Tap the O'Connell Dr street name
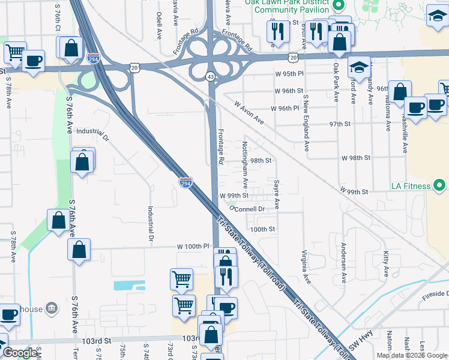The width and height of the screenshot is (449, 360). coord(247,209)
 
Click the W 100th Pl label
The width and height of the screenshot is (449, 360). coord(193,247)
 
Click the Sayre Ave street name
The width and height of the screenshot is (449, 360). coord(276,193)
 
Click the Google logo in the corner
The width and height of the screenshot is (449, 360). coord(20,353)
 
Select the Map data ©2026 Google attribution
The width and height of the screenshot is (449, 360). coord(412,355)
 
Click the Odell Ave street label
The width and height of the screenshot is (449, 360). coord(158,23)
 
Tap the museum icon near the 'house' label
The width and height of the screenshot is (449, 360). coord(52,308)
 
